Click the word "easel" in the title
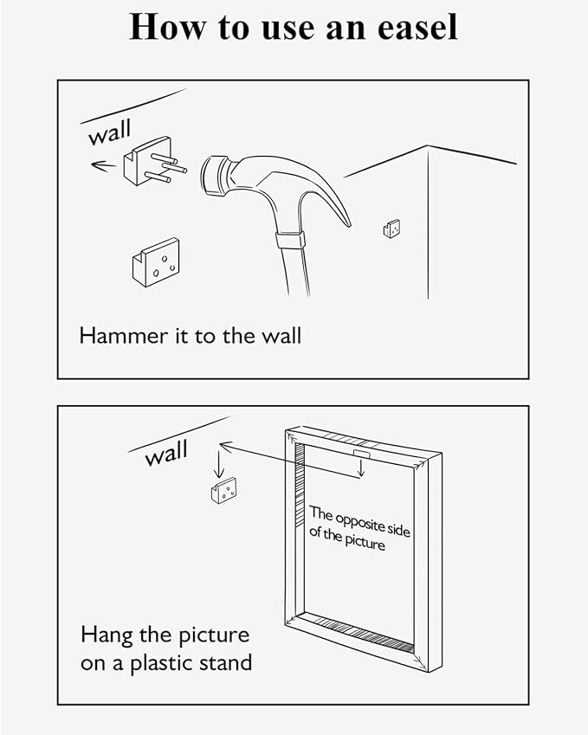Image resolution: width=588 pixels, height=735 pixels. coord(417,27)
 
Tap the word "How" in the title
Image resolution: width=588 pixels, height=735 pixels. coord(167,27)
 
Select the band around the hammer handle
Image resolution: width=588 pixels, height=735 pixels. coord(290,240)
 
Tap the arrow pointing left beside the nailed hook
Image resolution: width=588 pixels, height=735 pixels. coord(104,165)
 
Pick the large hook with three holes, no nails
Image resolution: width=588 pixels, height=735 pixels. coord(156,262)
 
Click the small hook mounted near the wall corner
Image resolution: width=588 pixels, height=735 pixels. coord(391,229)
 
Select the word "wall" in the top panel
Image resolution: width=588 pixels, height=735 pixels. coord(110,132)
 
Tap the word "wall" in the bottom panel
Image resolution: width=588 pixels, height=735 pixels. coord(166,453)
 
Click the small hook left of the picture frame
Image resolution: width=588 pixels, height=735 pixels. coord(223,490)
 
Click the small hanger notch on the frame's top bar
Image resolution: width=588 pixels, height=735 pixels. coord(361,454)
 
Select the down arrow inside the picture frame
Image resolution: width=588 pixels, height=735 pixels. coord(360,467)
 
